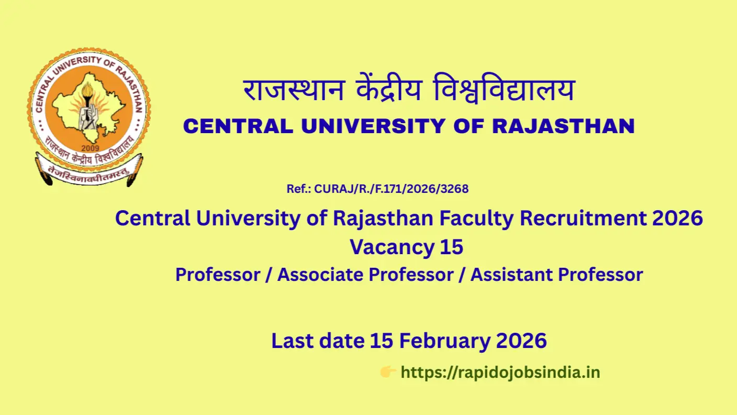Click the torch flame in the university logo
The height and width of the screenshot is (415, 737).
(x=88, y=91)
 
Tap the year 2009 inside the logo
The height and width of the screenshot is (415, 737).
(x=90, y=148)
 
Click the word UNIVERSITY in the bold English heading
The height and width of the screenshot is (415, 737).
(x=373, y=126)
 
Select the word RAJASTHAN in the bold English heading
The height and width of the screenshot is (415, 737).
(x=563, y=126)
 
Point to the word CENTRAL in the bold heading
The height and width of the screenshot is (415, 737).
(x=238, y=126)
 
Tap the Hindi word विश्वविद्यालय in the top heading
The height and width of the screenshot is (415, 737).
(x=504, y=88)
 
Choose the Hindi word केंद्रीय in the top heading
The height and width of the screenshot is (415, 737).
(x=389, y=88)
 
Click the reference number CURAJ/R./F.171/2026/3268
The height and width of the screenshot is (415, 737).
(x=391, y=189)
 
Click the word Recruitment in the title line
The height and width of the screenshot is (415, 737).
(x=583, y=218)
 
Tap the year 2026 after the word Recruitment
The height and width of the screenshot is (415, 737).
(x=678, y=218)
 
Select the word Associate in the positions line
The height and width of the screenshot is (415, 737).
(x=320, y=275)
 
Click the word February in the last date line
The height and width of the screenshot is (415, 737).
(x=444, y=341)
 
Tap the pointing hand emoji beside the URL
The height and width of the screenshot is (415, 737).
(x=388, y=372)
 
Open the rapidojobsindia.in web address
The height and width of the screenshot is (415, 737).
(x=500, y=373)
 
